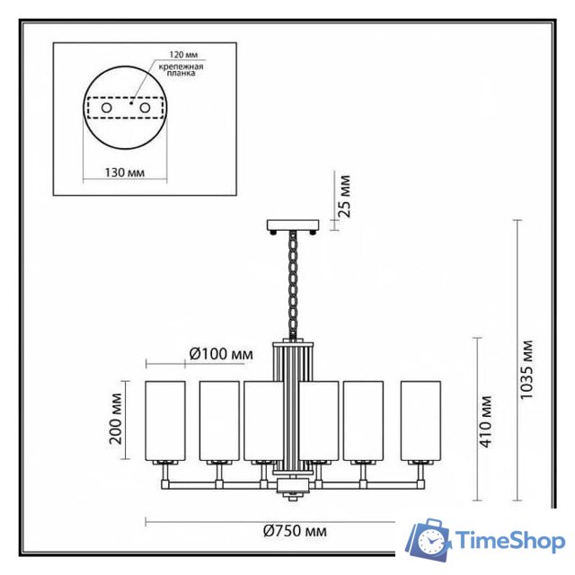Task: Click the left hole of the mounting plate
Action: (x=106, y=108)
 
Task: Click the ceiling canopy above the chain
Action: (x=293, y=225)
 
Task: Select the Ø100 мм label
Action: (x=221, y=355)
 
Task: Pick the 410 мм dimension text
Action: (x=486, y=419)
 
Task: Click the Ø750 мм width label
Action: (x=296, y=531)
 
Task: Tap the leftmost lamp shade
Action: (x=166, y=419)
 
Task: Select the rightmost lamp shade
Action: (x=421, y=419)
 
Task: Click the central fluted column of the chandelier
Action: (x=293, y=404)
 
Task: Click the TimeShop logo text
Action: (x=509, y=541)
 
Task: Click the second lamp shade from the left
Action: (x=218, y=419)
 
